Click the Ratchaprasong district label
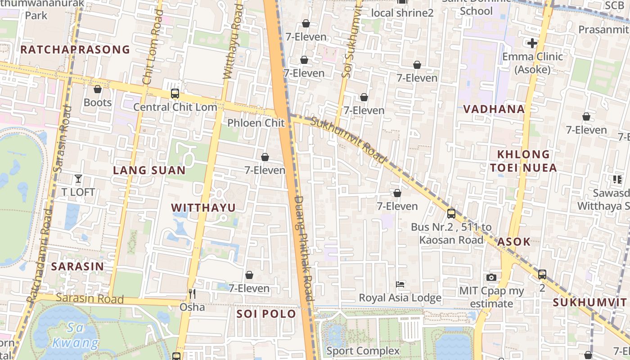pos(75,49)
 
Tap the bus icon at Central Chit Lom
pos(175,94)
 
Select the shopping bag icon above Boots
pos(98,89)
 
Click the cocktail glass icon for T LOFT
pos(78,179)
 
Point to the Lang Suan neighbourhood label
pos(149,170)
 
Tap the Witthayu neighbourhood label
pos(203,207)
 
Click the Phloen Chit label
pos(256,123)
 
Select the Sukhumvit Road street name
pos(348,140)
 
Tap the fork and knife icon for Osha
pos(192,294)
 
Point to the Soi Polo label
pos(266,314)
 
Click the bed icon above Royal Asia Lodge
pos(400,284)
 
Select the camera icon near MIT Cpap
pos(491,277)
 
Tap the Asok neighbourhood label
pos(514,242)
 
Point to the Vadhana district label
pos(494,109)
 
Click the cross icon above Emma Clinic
pos(532,43)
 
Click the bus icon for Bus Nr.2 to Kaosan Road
pos(451,214)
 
